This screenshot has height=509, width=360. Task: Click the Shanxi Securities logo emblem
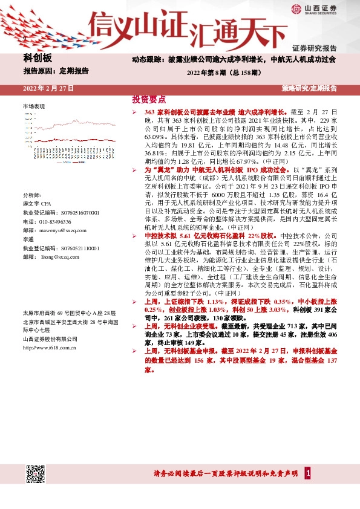296,9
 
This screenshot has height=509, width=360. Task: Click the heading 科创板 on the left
38,58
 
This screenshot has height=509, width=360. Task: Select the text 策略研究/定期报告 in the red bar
309,88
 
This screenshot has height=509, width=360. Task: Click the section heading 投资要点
149,100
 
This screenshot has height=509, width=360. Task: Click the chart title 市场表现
34,106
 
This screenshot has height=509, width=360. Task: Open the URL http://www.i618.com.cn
50,348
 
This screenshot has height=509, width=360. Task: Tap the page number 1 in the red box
309,473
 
